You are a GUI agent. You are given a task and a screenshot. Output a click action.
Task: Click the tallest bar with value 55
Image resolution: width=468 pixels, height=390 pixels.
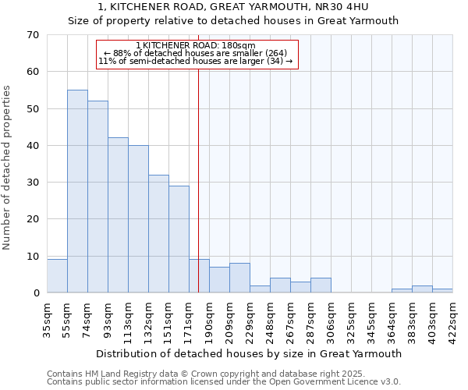(x=77, y=191)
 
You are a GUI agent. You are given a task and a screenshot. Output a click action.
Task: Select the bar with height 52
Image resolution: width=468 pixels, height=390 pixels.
(x=97, y=197)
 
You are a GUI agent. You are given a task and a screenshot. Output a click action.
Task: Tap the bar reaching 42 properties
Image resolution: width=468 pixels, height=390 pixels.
(x=118, y=215)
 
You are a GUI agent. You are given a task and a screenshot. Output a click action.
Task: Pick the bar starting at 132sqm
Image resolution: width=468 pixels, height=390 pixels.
(x=158, y=234)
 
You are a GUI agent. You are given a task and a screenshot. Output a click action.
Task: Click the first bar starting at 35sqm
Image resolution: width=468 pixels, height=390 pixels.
(x=57, y=276)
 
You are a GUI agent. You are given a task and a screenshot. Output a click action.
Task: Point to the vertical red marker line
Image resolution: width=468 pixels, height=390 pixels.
(x=199, y=179)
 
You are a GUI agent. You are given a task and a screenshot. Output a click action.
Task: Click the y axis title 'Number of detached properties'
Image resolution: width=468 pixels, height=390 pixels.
(x=8, y=168)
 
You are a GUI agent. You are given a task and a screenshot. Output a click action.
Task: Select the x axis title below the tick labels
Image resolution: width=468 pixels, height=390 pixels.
(x=234, y=353)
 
